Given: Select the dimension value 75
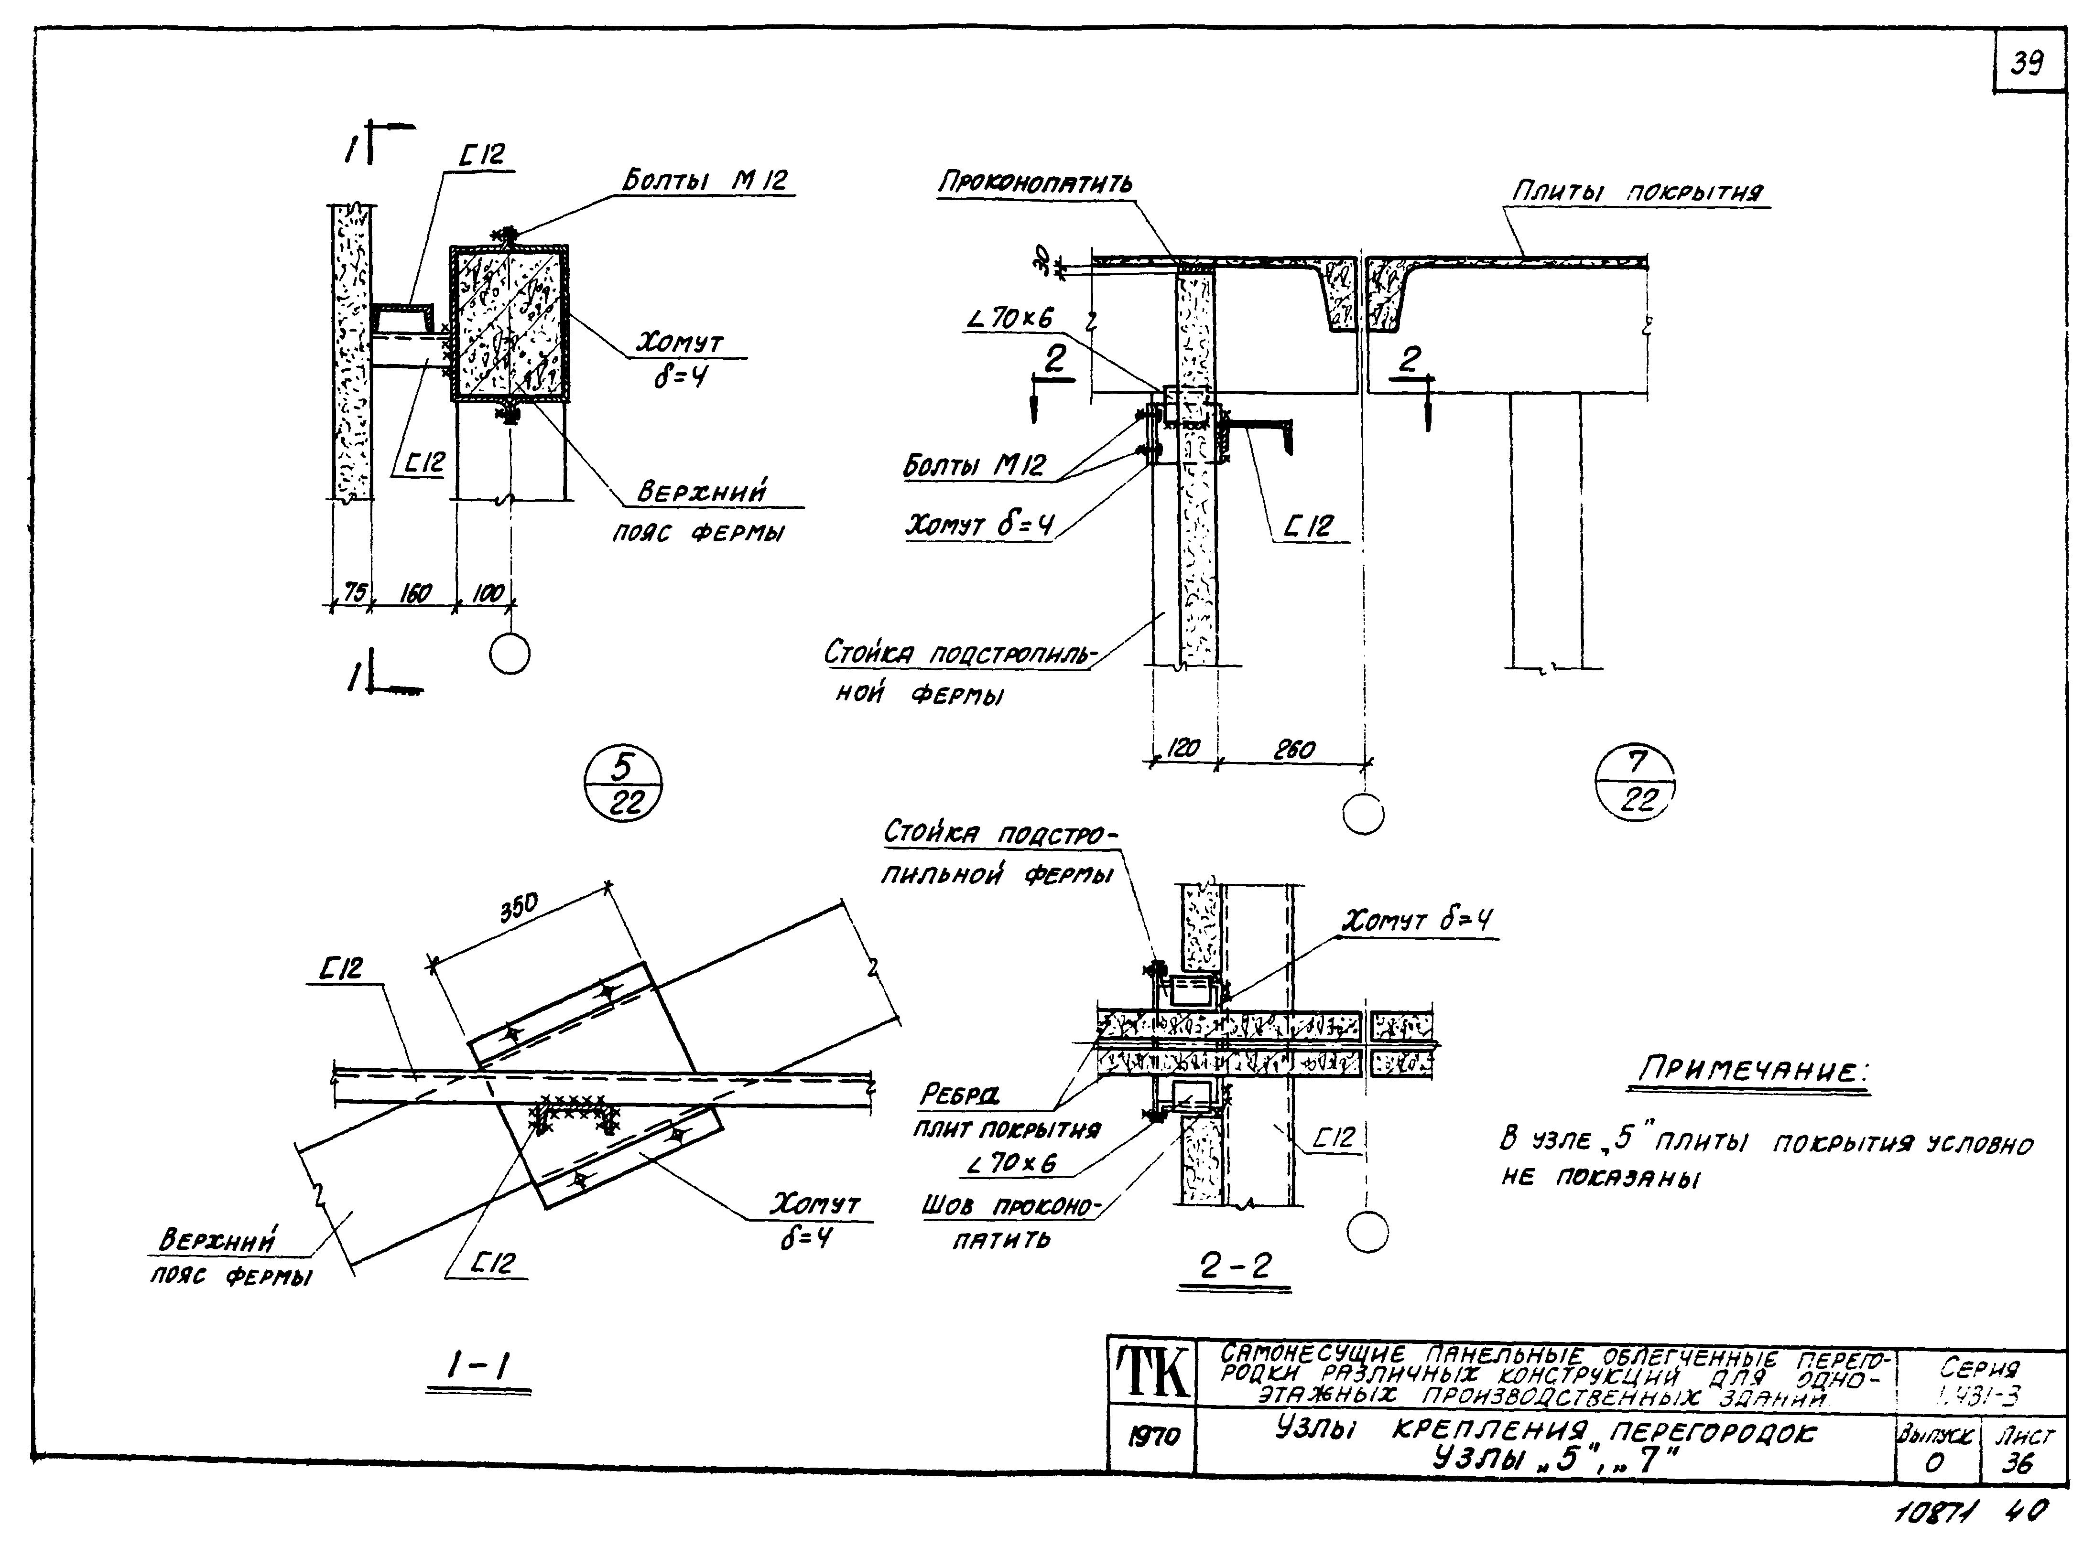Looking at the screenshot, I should pos(354,592).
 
